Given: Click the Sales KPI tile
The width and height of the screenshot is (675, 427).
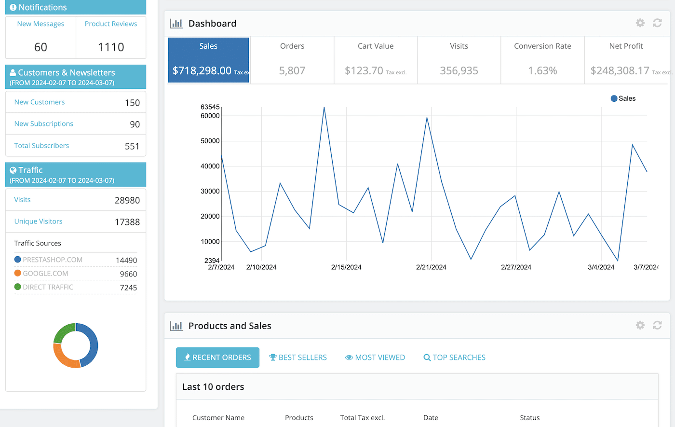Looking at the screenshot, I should (x=208, y=60).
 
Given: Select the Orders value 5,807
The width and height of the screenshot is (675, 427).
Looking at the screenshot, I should (x=292, y=71).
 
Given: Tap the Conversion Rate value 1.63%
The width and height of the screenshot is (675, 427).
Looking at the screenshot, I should (x=542, y=71).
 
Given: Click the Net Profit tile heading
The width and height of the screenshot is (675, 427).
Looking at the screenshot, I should (x=626, y=46).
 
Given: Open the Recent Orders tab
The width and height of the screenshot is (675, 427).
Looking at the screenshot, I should (x=217, y=358).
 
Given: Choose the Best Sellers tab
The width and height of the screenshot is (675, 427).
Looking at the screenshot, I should (x=298, y=358).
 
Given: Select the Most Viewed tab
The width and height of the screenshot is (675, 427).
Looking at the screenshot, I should (x=375, y=358).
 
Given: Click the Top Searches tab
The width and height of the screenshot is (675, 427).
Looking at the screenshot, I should (x=454, y=358).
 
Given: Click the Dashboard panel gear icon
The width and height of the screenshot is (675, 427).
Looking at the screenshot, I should (x=640, y=23).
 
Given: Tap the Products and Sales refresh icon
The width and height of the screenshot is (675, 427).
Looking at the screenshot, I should (x=657, y=326).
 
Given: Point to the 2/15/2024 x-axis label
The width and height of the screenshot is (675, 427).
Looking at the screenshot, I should (x=346, y=267).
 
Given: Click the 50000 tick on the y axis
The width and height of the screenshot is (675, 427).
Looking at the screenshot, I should (x=210, y=141).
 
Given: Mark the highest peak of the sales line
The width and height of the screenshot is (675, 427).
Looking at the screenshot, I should (x=324, y=108).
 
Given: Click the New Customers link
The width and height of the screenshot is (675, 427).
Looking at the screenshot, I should (x=40, y=102).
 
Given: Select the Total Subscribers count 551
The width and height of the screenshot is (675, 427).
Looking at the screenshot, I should (x=132, y=146).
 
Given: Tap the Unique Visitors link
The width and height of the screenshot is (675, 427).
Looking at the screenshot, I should (x=38, y=221).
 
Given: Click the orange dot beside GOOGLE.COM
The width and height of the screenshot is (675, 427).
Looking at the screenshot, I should (x=18, y=273).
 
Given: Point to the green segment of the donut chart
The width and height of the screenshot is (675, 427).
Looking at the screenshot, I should (x=63, y=332).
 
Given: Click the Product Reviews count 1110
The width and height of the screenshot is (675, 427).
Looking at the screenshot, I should (x=111, y=47).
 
